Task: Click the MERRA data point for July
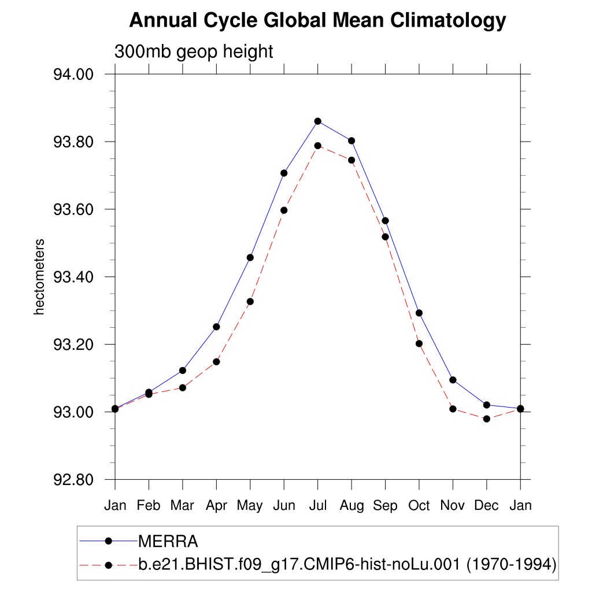317,121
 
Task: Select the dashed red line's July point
317,146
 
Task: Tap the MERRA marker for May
250,257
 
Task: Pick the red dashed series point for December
487,419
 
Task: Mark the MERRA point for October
419,313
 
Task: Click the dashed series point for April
216,362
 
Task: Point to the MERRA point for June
284,173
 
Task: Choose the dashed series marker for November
453,409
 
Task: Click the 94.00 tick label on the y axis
73,75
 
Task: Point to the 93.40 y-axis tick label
73,277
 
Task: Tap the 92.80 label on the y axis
73,480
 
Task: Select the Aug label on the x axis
351,506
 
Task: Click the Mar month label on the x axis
183,506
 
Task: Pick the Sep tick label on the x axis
385,506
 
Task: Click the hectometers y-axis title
39,277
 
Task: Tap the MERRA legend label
168,542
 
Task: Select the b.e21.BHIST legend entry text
347,564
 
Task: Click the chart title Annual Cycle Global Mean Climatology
317,21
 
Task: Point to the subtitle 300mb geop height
194,51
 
